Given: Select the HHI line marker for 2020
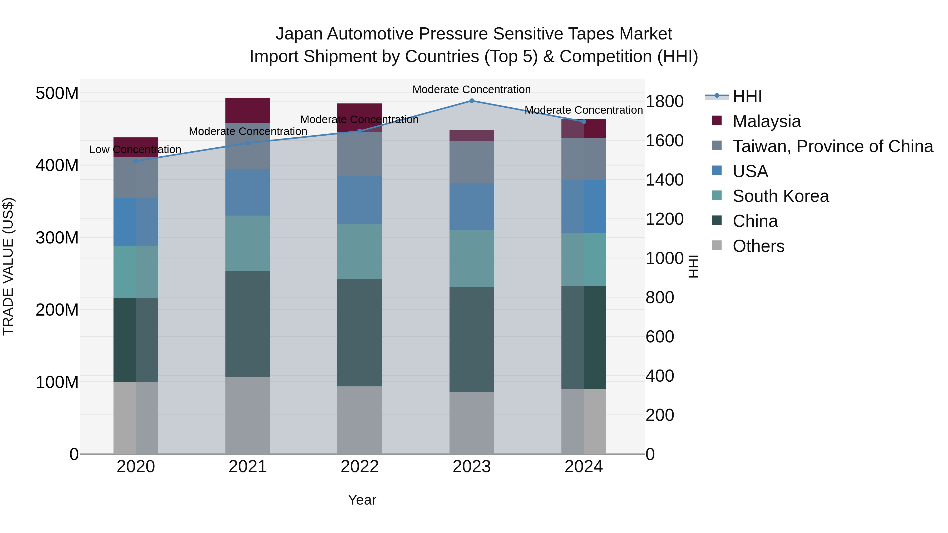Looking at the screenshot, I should point(136,161).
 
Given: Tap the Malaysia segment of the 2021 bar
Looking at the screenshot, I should point(248,110).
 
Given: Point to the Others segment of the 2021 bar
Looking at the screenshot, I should point(248,415).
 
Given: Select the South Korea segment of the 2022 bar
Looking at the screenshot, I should point(359,252).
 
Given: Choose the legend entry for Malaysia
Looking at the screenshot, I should point(766,121).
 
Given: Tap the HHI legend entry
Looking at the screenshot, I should point(747,96).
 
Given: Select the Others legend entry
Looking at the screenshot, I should point(758,246).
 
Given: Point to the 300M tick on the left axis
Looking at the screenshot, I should point(57,238).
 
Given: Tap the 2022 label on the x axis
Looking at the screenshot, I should point(359,467).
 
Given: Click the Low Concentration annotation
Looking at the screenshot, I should point(135,150).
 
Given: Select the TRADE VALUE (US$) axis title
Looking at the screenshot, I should point(8,266).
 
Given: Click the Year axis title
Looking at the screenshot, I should point(362,500).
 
